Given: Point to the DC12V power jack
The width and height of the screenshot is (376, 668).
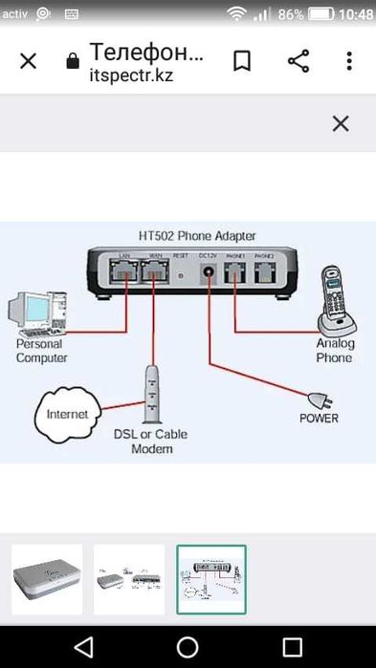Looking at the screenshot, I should tap(208, 275).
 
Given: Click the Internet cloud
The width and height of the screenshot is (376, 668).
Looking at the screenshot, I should tap(67, 414).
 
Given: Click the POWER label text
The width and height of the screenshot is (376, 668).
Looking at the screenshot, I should tap(319, 419).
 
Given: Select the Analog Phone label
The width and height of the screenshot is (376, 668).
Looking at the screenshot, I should tap(335, 350).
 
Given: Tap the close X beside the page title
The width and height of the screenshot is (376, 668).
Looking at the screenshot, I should tap(28, 61).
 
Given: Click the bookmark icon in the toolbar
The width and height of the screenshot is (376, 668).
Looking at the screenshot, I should tap(242, 61).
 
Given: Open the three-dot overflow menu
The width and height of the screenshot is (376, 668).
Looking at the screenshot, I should tap(349, 61).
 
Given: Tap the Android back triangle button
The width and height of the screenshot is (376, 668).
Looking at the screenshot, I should tap(83, 646).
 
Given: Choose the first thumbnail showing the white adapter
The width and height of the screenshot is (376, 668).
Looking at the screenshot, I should tap(47, 579).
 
